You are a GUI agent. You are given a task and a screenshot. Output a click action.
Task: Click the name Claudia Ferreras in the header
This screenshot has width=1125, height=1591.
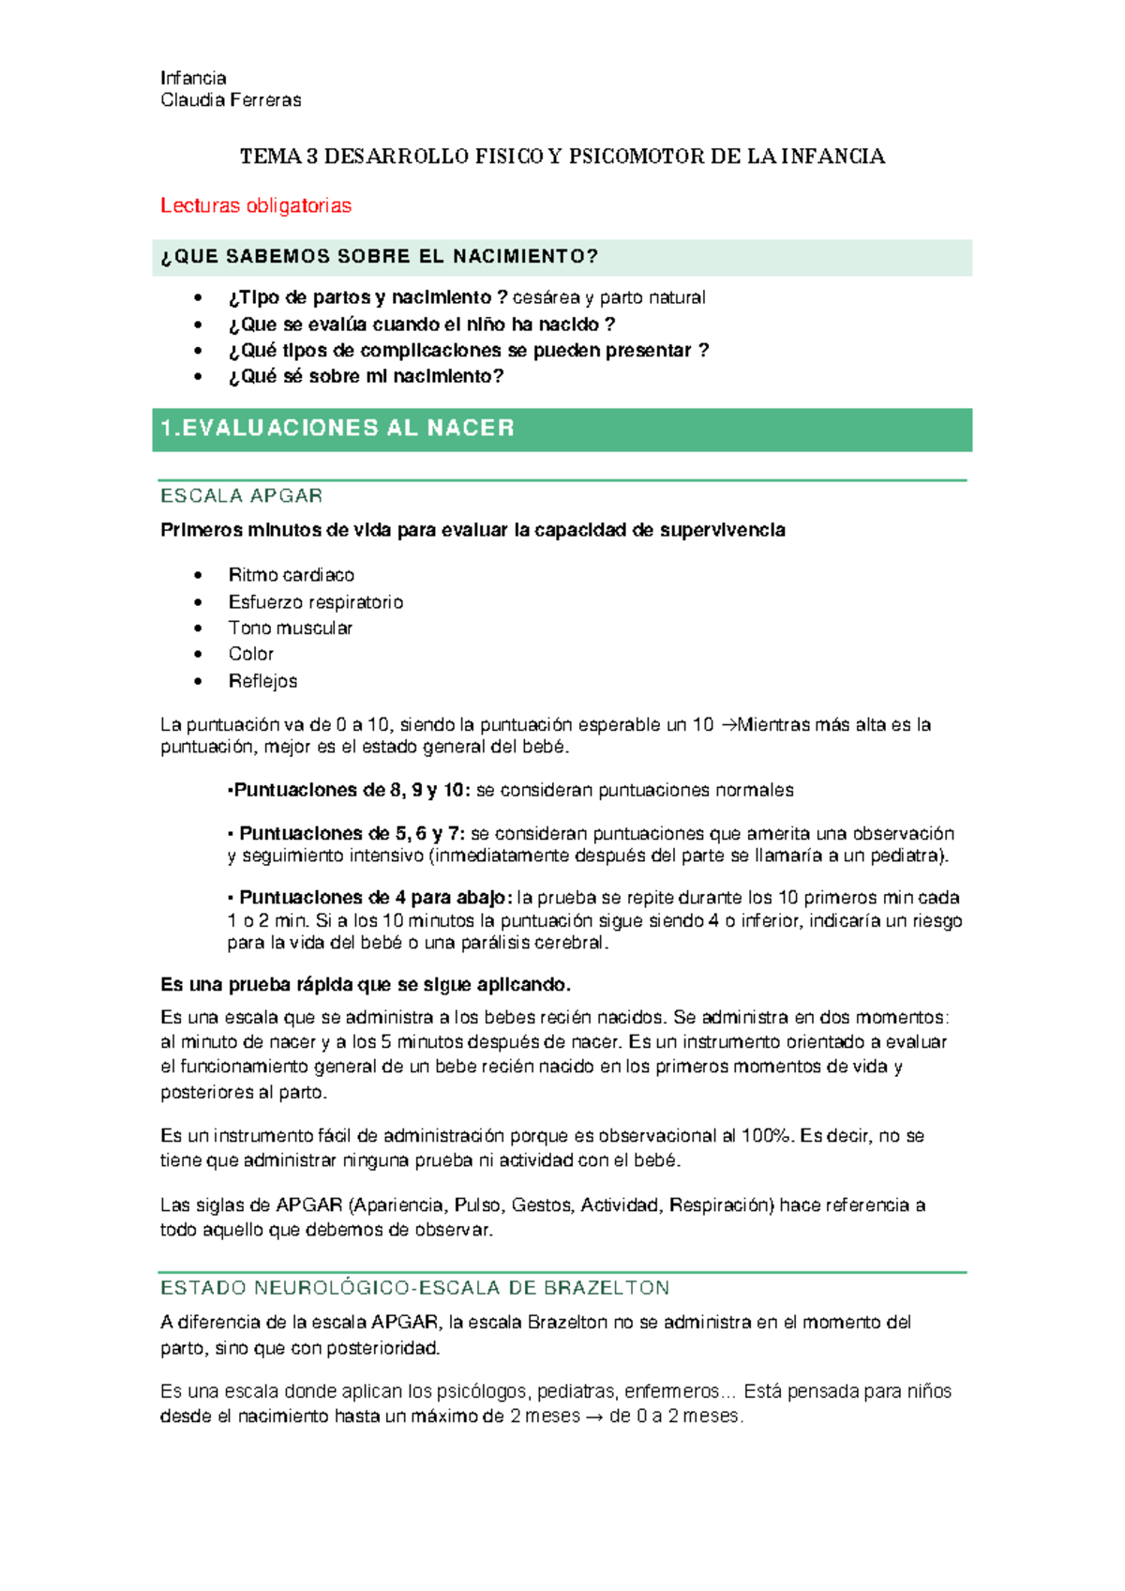(x=231, y=100)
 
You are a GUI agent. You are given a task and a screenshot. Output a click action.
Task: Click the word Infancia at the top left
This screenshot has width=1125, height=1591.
(x=193, y=78)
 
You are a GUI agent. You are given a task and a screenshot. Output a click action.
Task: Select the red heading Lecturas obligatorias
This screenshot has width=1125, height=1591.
(x=255, y=205)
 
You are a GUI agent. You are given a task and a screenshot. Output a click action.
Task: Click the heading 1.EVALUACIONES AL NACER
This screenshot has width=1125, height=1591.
(x=337, y=429)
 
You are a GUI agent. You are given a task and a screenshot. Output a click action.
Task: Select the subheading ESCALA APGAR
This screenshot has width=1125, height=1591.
(x=241, y=495)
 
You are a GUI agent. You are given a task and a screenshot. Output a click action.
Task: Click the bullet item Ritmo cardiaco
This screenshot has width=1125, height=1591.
(x=291, y=575)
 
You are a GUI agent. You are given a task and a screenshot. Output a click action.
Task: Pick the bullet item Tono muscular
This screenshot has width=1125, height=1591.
(x=290, y=628)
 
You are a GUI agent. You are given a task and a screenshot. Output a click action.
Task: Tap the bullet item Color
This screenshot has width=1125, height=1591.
(x=250, y=654)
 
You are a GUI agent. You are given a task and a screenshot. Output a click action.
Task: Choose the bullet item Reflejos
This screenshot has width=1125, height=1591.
(x=262, y=681)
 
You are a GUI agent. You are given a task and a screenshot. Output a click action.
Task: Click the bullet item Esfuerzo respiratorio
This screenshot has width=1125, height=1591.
(x=315, y=602)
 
